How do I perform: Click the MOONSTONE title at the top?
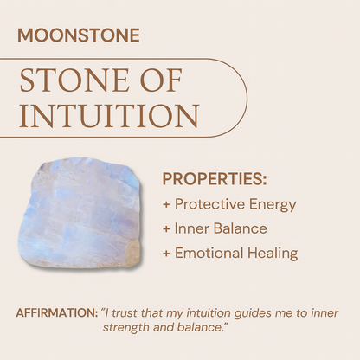tap(78, 37)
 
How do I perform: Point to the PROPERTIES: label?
tap(214, 180)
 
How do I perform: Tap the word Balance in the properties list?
tap(239, 229)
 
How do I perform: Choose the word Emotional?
tap(210, 254)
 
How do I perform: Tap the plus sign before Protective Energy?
tap(166, 205)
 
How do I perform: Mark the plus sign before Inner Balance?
tap(166, 229)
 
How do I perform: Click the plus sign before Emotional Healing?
tap(166, 254)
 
